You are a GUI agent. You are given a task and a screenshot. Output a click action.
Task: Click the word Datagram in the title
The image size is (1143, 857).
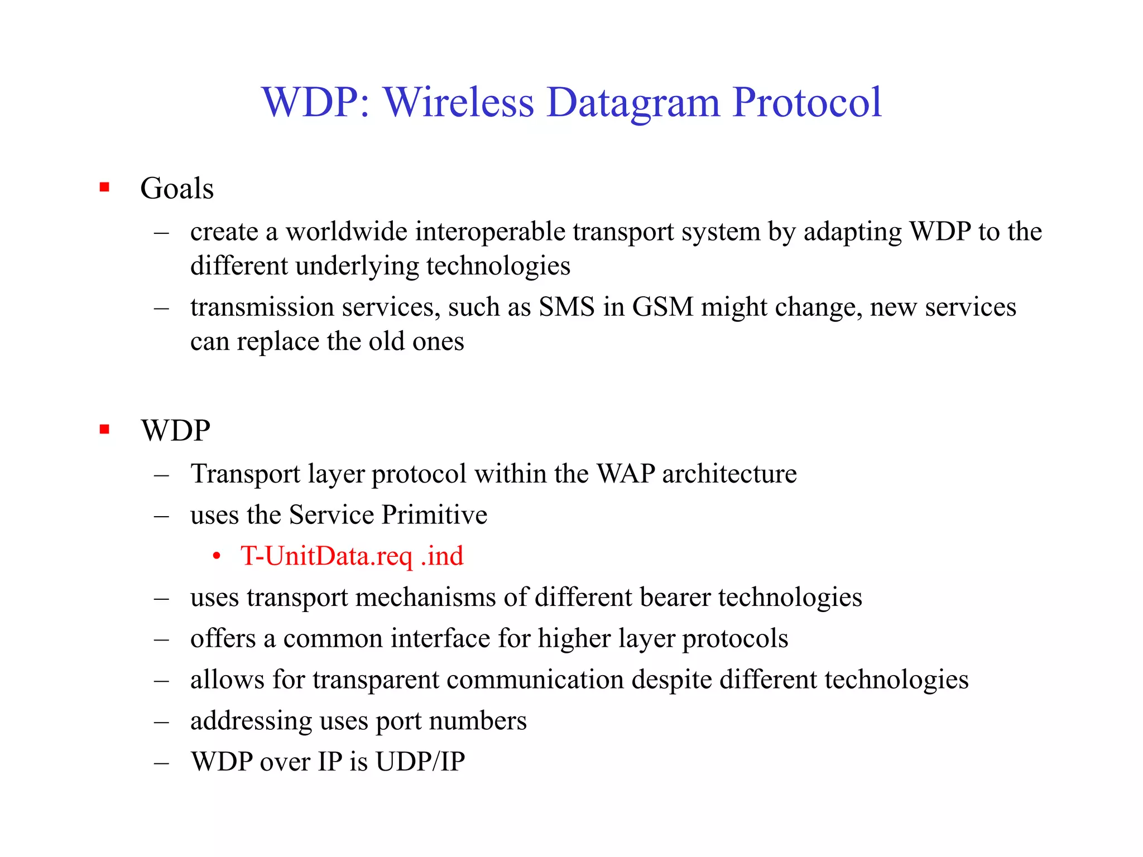[x=633, y=103]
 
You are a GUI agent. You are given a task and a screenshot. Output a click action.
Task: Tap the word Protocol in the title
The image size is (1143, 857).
[x=807, y=103]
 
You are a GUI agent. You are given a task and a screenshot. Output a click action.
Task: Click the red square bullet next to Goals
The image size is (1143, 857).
[x=104, y=187]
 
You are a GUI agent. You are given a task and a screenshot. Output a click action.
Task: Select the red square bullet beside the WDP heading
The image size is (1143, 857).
[x=104, y=429]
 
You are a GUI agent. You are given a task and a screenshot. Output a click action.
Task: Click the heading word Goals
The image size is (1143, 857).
[x=177, y=189]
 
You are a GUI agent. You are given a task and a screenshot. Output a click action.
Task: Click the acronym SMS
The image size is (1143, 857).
[x=566, y=307]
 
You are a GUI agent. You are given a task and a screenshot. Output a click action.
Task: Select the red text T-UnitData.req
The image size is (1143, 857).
[x=326, y=556]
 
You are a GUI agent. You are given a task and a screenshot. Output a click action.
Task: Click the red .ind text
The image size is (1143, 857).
[x=443, y=556]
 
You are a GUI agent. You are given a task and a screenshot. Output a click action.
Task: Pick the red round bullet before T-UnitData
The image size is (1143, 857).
[x=217, y=557]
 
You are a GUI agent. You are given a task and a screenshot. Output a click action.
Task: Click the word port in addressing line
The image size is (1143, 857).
[x=398, y=721]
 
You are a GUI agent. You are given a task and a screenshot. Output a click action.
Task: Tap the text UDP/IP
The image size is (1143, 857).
[x=420, y=762]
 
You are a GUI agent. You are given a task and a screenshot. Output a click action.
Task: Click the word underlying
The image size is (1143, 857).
[x=357, y=266]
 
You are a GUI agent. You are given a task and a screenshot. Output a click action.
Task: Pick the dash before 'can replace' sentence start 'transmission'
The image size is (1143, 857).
[x=162, y=307]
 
